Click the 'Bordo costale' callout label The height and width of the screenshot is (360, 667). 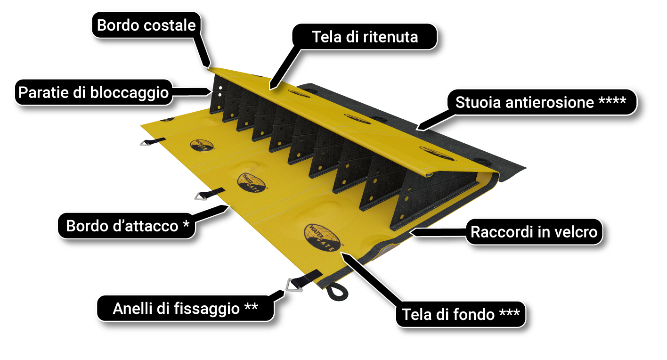(x=146, y=25)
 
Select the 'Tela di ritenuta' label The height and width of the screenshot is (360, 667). (x=365, y=37)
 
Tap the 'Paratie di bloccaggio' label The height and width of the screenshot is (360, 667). (x=93, y=92)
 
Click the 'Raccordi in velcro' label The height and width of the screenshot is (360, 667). (x=534, y=232)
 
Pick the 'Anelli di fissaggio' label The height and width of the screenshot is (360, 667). (x=185, y=309)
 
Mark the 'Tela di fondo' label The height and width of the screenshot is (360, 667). (x=460, y=314)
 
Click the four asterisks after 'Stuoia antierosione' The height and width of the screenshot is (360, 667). (x=612, y=102)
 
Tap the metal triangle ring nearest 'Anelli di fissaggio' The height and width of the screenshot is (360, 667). (x=293, y=286)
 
